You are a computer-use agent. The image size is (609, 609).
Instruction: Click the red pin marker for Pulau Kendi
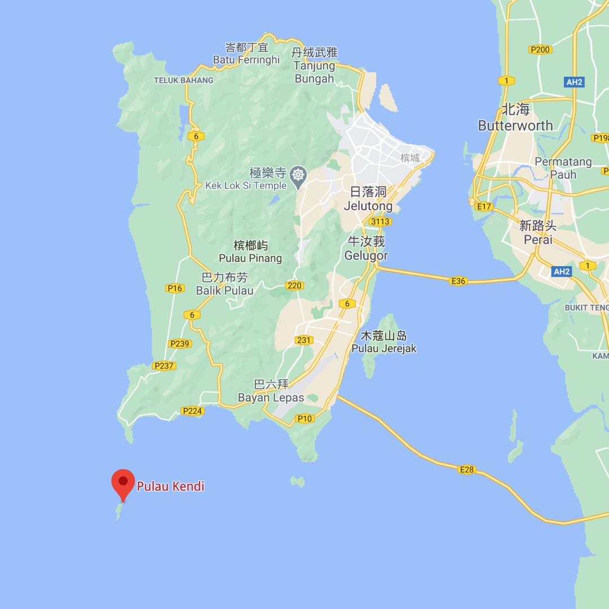point(122,483)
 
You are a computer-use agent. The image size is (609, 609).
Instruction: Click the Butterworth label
point(515,125)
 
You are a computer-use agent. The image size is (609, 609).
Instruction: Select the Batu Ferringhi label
point(246,59)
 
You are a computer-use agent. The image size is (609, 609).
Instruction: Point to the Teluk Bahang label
point(183,80)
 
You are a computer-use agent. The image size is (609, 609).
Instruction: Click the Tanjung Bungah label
point(315,72)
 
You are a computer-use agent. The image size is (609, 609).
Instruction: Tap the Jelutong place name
point(368,206)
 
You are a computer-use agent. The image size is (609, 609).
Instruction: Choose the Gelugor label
point(367,255)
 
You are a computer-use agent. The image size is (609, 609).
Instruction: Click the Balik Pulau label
point(224,291)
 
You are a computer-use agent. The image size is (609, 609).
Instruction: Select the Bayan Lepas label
point(271,398)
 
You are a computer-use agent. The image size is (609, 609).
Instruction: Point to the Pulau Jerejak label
point(384,348)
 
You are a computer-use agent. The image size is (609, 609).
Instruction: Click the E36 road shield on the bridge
point(458,281)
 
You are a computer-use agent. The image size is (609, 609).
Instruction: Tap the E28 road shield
point(467,469)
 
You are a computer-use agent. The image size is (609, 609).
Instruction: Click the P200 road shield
point(540,50)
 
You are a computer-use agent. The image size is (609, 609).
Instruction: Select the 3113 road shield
point(380,222)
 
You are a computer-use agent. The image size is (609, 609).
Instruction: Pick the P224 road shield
point(192,411)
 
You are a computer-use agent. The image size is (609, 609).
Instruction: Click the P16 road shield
point(175,288)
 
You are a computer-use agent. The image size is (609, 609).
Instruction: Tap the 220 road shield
point(294,285)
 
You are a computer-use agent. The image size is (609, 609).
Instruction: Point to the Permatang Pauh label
point(563,168)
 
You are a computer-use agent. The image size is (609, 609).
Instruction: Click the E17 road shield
point(484,206)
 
